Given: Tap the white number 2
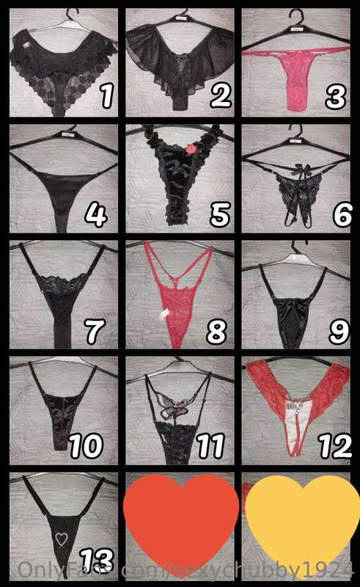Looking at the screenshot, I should point(219,95).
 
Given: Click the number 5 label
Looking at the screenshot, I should point(218,214).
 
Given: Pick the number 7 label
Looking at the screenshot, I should point(95,332).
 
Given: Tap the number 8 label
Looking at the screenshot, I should point(216,332).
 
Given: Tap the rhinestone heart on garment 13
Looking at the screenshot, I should point(60,539).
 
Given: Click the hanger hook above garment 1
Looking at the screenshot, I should point(70,16).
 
